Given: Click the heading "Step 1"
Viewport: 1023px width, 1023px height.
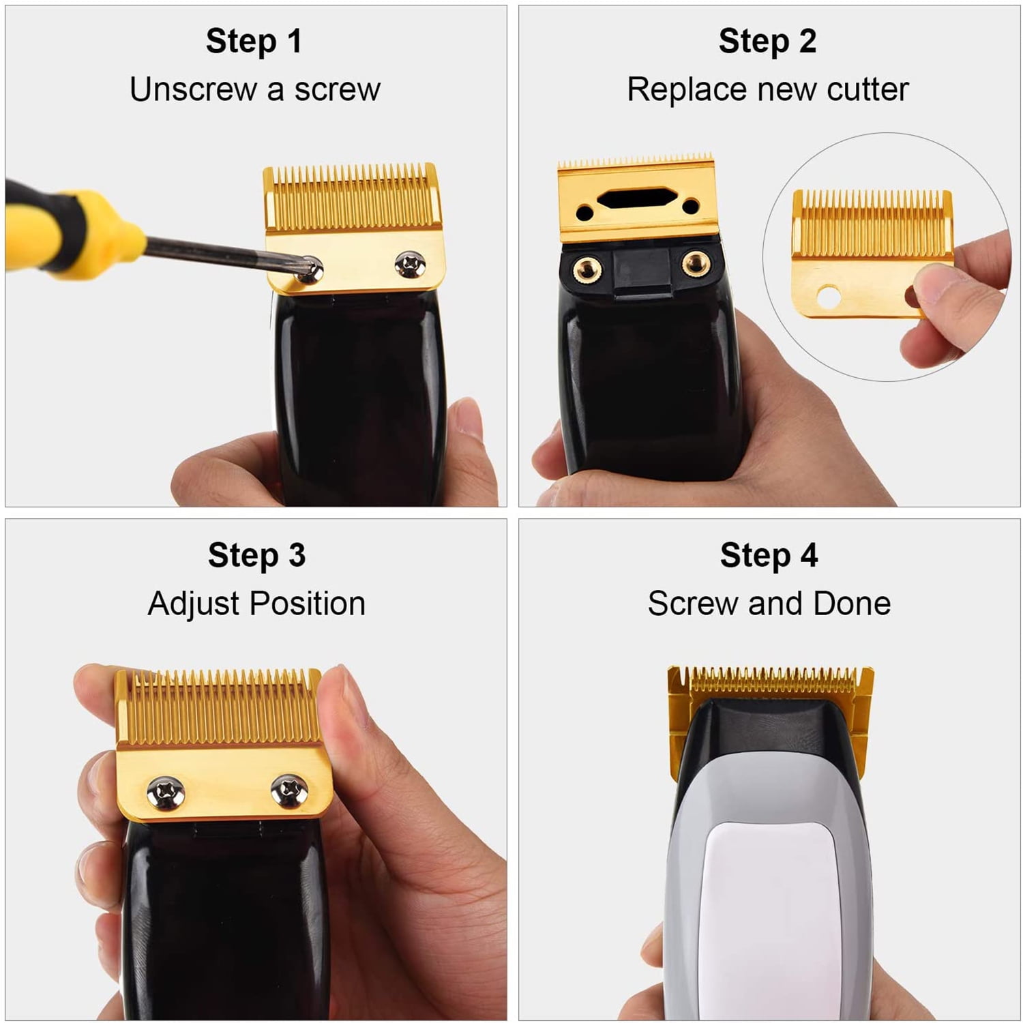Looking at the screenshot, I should [254, 42].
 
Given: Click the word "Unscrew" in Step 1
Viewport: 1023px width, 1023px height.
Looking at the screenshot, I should [193, 89].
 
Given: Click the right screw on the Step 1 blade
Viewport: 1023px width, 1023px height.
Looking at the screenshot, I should [410, 265].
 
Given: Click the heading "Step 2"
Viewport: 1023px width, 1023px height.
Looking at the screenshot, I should [767, 42].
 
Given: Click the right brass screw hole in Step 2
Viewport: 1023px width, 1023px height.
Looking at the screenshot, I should [696, 263].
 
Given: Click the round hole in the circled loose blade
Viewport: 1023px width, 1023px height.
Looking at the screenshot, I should [828, 296].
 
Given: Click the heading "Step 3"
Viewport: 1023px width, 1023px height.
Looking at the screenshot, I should [256, 555].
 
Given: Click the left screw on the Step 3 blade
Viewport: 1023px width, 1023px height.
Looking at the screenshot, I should [166, 792].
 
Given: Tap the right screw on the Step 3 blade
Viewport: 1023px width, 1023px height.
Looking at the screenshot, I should [289, 791].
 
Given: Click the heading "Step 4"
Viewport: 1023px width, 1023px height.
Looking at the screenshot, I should [769, 555].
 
